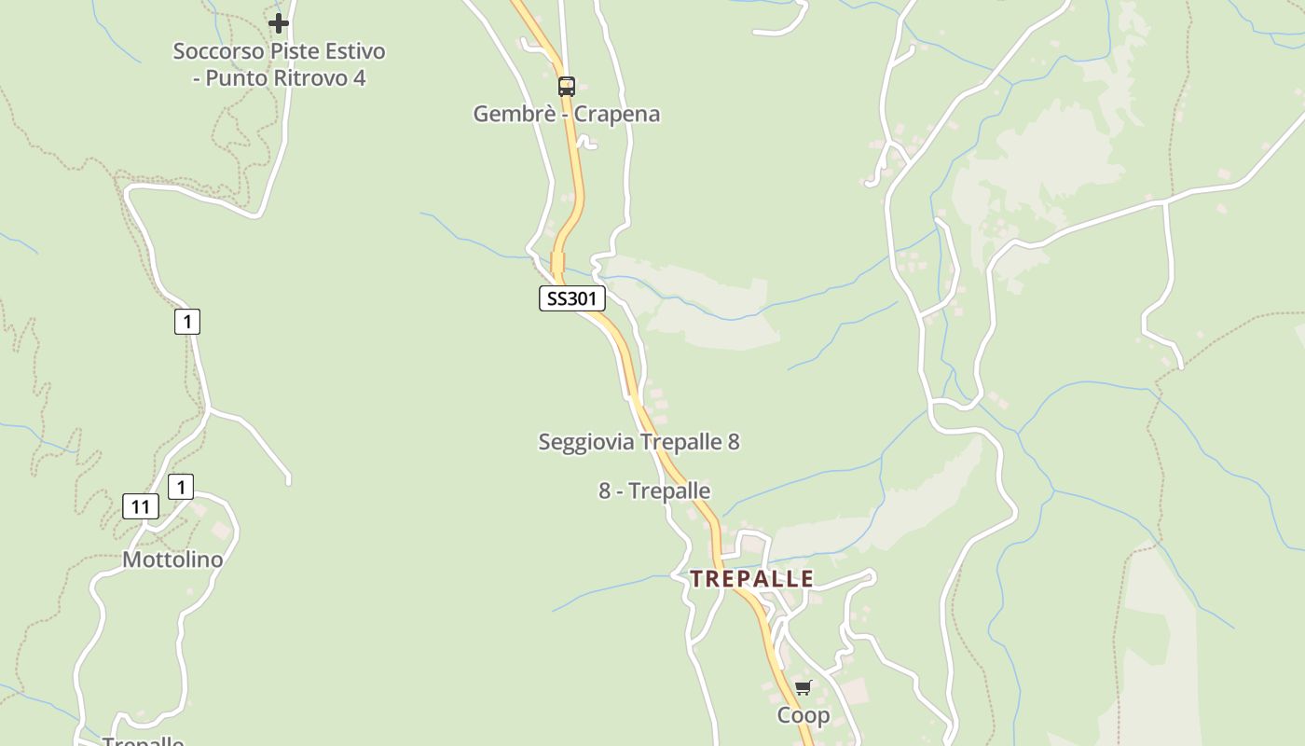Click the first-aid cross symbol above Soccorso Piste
tap(278, 23)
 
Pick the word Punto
tap(235, 78)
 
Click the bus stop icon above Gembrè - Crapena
tap(566, 87)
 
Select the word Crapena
tap(617, 114)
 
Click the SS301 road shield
tap(572, 298)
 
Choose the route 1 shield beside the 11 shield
tap(181, 487)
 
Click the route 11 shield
tap(141, 507)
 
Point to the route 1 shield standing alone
tap(187, 322)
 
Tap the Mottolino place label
tap(173, 559)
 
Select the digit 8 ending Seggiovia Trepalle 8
tap(734, 442)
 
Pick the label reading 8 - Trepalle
tap(654, 490)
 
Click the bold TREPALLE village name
tap(752, 578)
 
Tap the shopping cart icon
tap(804, 687)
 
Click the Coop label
tap(804, 715)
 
